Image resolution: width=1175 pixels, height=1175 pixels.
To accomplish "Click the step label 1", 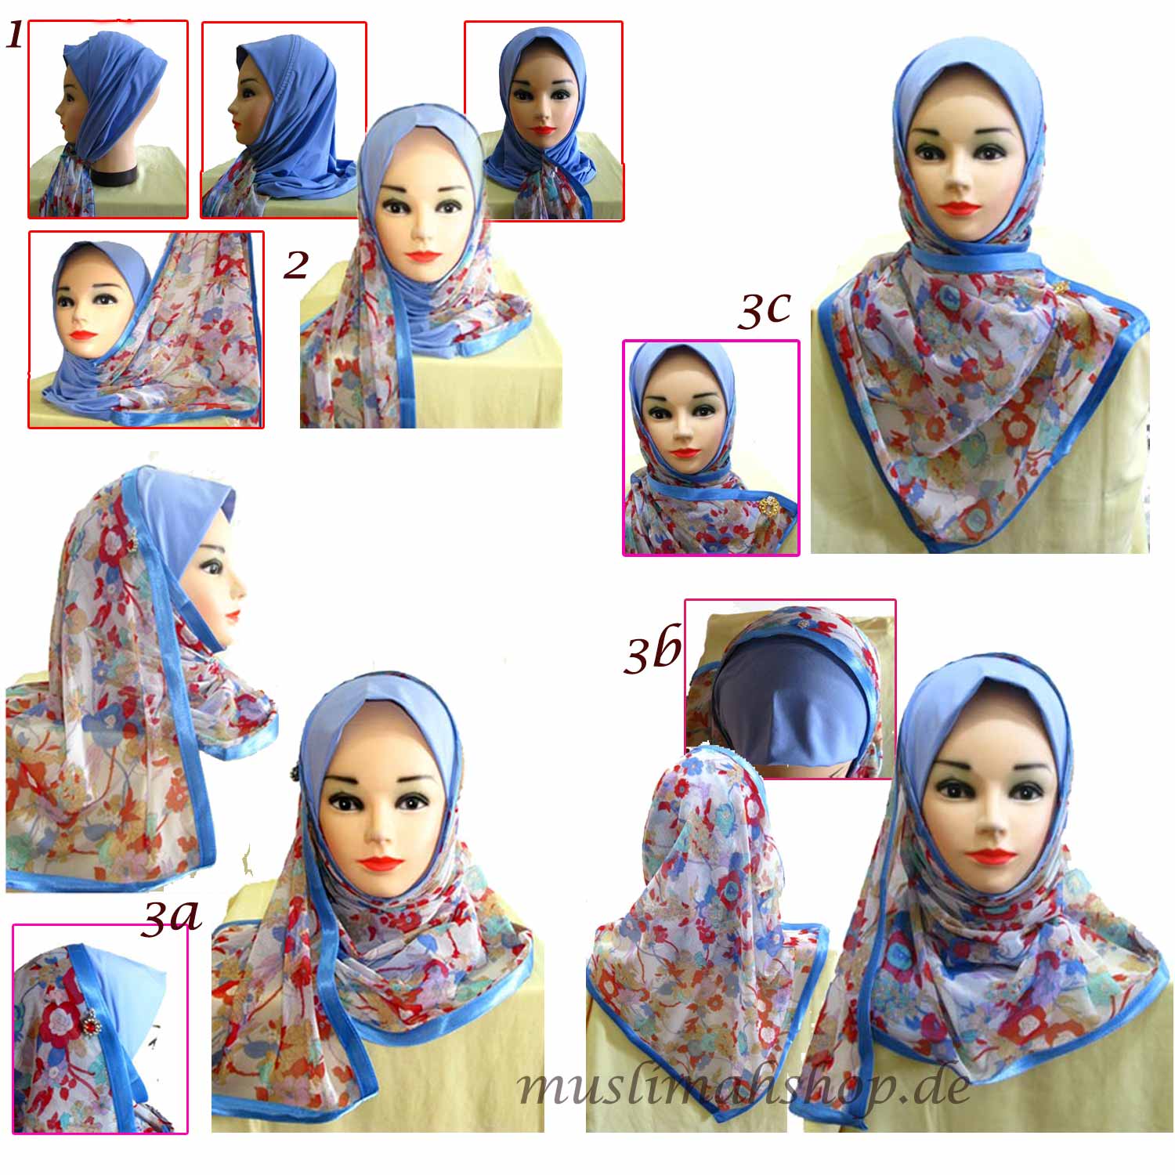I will click(15, 35).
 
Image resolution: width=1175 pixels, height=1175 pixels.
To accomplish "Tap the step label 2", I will click(296, 266).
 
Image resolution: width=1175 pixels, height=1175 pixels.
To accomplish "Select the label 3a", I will click(171, 917).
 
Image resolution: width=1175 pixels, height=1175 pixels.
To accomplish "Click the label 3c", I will click(764, 310).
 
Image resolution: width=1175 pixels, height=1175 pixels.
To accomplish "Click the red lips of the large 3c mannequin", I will click(960, 208).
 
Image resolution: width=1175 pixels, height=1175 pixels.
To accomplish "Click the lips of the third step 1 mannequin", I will click(541, 130).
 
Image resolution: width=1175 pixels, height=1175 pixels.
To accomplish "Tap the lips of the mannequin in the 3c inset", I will click(685, 452).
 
